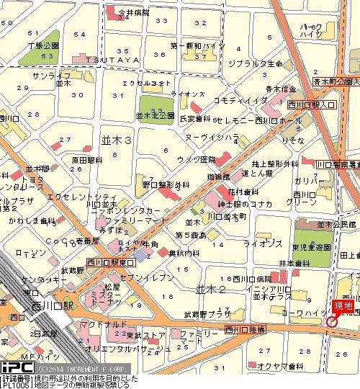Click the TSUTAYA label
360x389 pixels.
coord(112,60)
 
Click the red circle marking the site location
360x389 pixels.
coord(331,321)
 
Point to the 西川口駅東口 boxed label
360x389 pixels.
coord(108,261)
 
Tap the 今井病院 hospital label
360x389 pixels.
coord(133,13)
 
